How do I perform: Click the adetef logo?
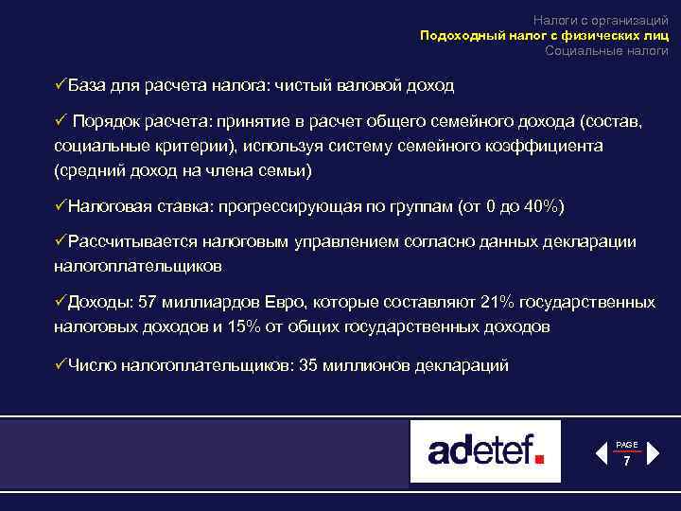pos(485,450)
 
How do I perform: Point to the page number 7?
pos(626,462)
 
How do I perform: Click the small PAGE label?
pos(627,445)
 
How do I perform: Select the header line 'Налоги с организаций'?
pos(601,20)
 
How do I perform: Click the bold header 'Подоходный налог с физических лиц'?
pos(544,35)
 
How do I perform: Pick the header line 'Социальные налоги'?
pos(606,50)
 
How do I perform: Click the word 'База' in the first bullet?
pos(88,85)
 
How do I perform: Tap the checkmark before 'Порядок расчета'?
pos(59,122)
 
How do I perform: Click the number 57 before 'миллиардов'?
pos(148,303)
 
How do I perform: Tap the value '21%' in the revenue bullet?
pos(498,303)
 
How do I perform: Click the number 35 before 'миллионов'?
pos(307,364)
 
